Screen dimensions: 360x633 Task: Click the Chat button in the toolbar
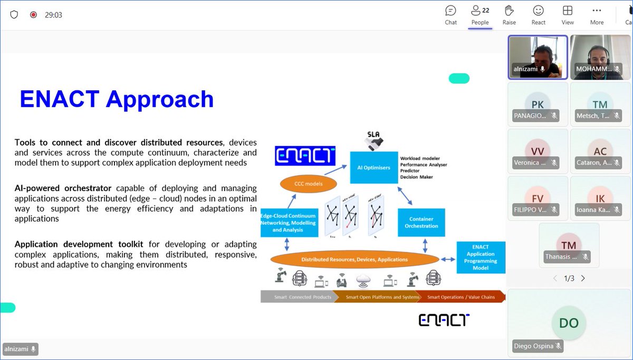point(450,15)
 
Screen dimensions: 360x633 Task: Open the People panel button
point(480,15)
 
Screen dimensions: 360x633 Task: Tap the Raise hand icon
point(509,15)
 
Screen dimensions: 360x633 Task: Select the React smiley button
point(538,15)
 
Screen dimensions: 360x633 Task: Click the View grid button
point(568,15)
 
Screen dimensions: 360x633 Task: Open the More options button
point(597,15)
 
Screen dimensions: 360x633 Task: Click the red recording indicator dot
point(33,15)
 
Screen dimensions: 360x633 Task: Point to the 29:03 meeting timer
point(53,15)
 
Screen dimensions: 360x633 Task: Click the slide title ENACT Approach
point(117,99)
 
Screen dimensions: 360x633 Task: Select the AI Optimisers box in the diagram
point(373,167)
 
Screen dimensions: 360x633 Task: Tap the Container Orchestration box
point(421,222)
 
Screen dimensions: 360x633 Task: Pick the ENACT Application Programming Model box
point(481,257)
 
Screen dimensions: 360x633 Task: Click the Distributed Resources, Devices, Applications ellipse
point(354,259)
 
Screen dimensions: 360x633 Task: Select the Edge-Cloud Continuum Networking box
point(288,223)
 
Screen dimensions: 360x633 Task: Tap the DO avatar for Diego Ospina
point(569,323)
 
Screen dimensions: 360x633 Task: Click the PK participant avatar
point(537,105)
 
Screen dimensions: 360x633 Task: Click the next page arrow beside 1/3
point(583,278)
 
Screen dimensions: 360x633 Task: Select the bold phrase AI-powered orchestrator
point(63,188)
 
